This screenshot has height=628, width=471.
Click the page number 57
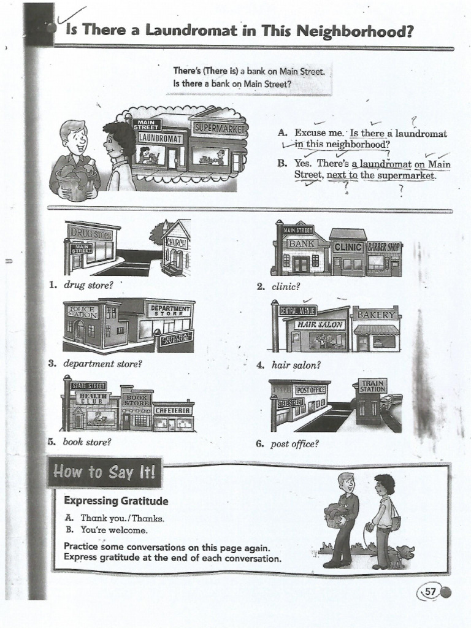(430, 592)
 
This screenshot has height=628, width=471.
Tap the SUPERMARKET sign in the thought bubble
(219, 128)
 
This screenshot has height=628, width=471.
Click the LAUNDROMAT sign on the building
(161, 138)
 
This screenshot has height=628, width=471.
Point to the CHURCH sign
(175, 242)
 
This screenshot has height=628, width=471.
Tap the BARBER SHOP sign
(384, 247)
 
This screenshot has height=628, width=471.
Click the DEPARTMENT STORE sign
(168, 310)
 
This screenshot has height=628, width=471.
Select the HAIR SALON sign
(320, 324)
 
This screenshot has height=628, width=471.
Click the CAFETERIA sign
(174, 410)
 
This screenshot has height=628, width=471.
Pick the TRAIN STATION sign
(372, 386)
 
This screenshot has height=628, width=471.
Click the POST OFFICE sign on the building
(310, 389)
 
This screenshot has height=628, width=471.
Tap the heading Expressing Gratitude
(116, 500)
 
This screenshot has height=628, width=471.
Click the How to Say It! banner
(105, 472)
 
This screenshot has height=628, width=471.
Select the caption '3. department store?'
(96, 364)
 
